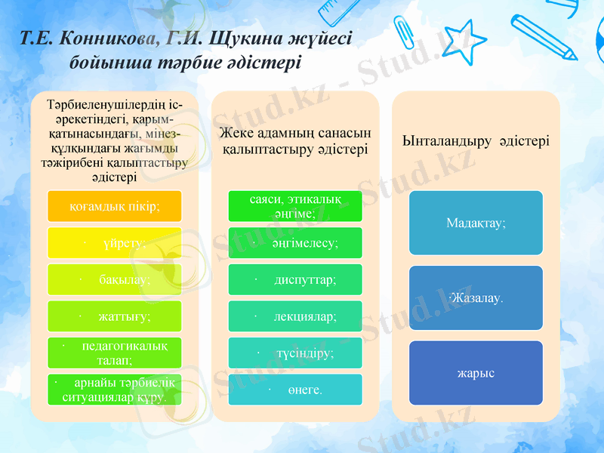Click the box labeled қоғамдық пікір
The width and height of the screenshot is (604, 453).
pos(114,206)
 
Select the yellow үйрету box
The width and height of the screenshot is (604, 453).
pos(114,243)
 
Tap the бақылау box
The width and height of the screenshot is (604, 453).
pos(114,279)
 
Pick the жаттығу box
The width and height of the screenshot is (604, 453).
pos(114,316)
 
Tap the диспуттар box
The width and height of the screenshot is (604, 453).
pos(295,279)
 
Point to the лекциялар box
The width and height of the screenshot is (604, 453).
pos(295,316)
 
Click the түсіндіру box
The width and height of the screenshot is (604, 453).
pos(295,353)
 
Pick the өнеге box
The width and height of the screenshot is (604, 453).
pos(295,390)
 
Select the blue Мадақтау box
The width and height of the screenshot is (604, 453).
pos(476,223)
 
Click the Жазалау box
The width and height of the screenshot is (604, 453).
pos(476,297)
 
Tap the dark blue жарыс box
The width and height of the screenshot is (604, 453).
pos(476,373)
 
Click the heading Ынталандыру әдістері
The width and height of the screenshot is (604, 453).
pos(476,141)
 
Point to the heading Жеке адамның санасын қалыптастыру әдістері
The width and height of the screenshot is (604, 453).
pos(294,141)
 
